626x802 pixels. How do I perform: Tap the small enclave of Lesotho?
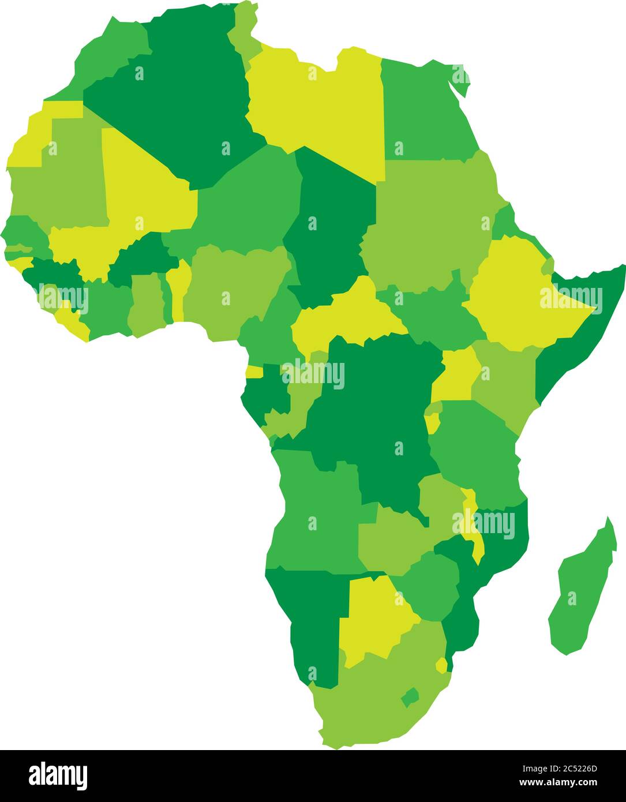pyautogui.click(x=410, y=697)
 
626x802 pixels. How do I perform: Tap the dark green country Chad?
pyautogui.click(x=329, y=225)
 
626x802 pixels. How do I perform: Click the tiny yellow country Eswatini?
pyautogui.click(x=441, y=665)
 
